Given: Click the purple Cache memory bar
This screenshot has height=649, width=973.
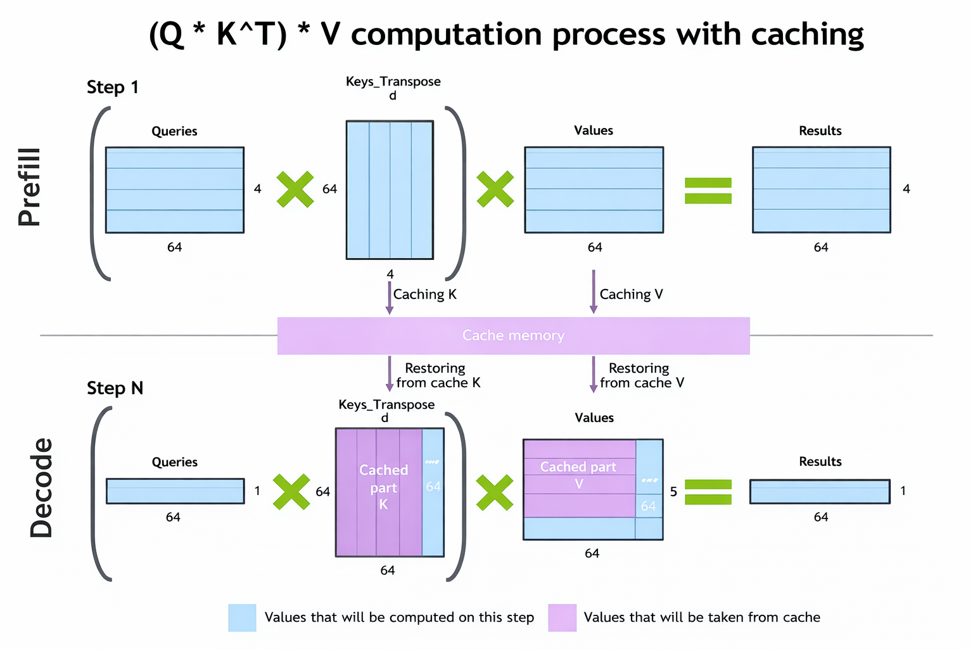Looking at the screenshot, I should [513, 335].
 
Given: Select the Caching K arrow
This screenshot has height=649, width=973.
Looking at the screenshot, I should [390, 297].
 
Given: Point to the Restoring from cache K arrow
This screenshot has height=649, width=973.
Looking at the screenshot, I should [390, 374].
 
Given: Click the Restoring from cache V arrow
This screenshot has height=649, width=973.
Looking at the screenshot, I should [594, 374].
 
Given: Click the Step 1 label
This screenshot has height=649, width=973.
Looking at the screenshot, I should [113, 87].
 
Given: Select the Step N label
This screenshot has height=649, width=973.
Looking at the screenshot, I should [115, 388].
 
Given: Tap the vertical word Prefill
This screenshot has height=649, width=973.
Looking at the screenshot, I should [30, 188].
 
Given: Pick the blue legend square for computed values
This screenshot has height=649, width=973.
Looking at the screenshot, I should [242, 617].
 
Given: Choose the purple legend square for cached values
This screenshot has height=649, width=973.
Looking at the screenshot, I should [562, 617].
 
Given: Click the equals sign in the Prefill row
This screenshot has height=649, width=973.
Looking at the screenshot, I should [708, 190].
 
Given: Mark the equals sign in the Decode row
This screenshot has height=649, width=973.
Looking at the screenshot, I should [708, 492].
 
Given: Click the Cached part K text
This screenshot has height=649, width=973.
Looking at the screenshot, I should [383, 487].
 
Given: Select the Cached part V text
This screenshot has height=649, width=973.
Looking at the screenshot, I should [578, 475].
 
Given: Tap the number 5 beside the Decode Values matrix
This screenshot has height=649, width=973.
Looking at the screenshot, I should [673, 492].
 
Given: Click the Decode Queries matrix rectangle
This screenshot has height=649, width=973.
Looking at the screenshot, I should [175, 491].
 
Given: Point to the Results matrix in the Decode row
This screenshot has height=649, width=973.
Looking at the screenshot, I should [820, 491].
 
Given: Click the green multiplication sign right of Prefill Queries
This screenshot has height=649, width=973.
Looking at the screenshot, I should [295, 189].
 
